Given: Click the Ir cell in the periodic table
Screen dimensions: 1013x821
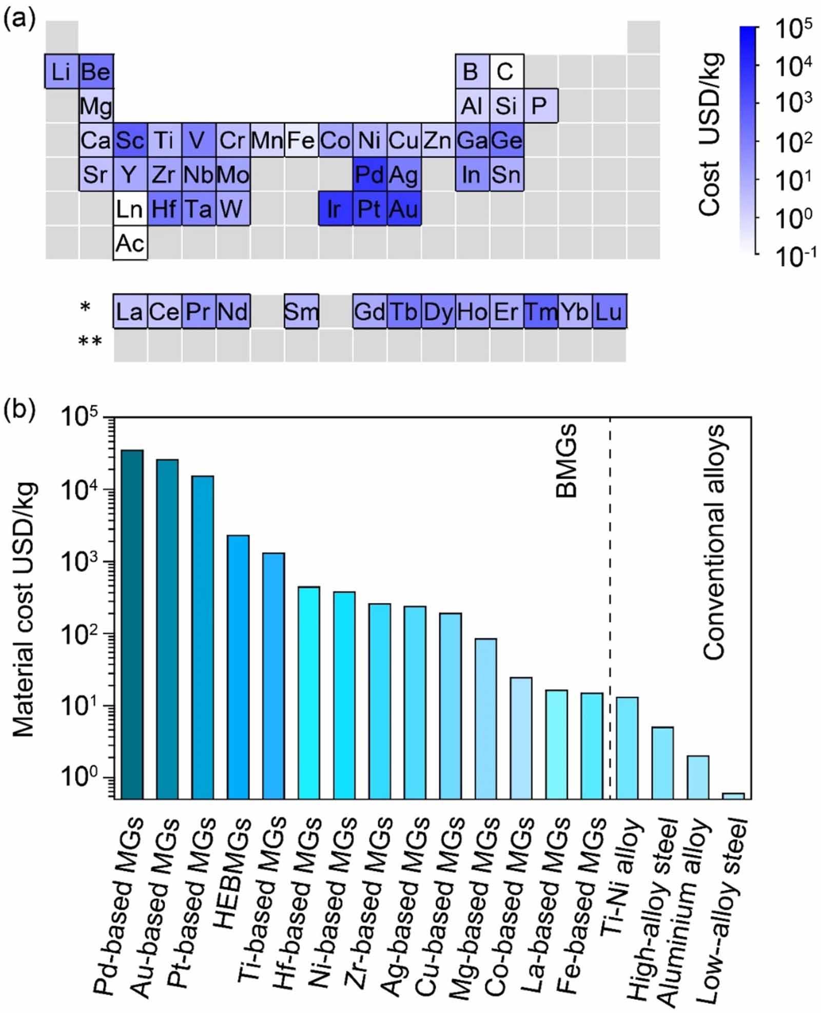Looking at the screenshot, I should point(335,209).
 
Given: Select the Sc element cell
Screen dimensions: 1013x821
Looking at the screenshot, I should point(130,140).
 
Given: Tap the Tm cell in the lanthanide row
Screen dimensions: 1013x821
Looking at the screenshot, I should point(541,312).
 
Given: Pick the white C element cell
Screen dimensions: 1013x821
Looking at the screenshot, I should point(506,71).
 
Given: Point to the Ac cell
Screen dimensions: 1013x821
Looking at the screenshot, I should point(130,243).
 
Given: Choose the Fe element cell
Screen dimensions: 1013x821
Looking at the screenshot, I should point(301,140).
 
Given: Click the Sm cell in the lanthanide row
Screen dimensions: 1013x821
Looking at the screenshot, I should point(301,312).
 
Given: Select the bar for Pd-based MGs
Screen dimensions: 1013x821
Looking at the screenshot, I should point(132,624).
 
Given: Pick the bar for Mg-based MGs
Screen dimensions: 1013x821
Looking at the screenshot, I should point(485,718).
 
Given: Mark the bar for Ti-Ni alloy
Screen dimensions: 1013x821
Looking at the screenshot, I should point(627,748).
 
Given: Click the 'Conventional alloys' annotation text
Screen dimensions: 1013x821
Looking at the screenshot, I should point(714,542).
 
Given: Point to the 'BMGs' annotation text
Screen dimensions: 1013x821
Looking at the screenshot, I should point(567,461).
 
